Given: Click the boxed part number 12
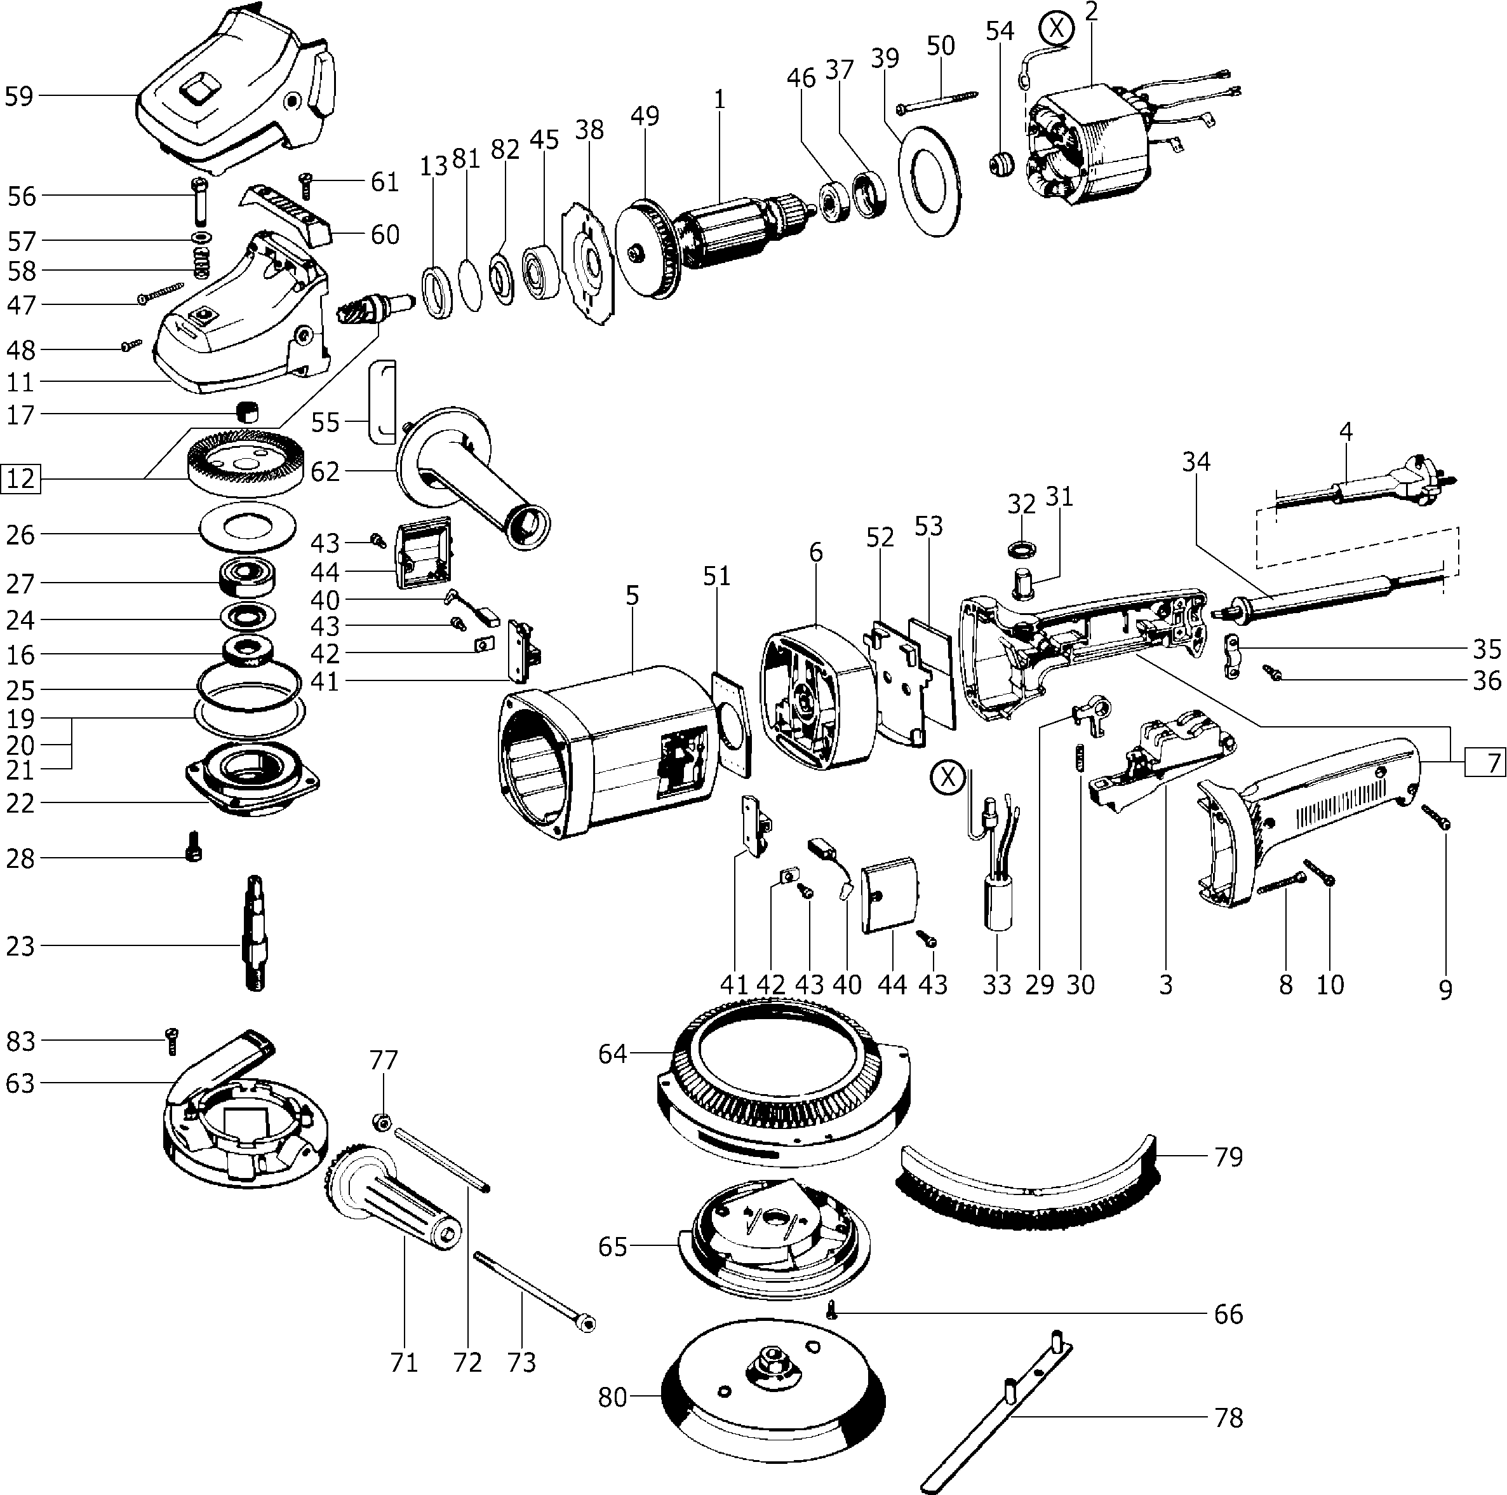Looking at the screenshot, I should click(x=20, y=478).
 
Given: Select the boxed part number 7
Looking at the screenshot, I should click(x=1484, y=762).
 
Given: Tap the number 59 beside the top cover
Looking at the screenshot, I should click(x=18, y=97).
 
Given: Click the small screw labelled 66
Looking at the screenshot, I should click(x=833, y=1313).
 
